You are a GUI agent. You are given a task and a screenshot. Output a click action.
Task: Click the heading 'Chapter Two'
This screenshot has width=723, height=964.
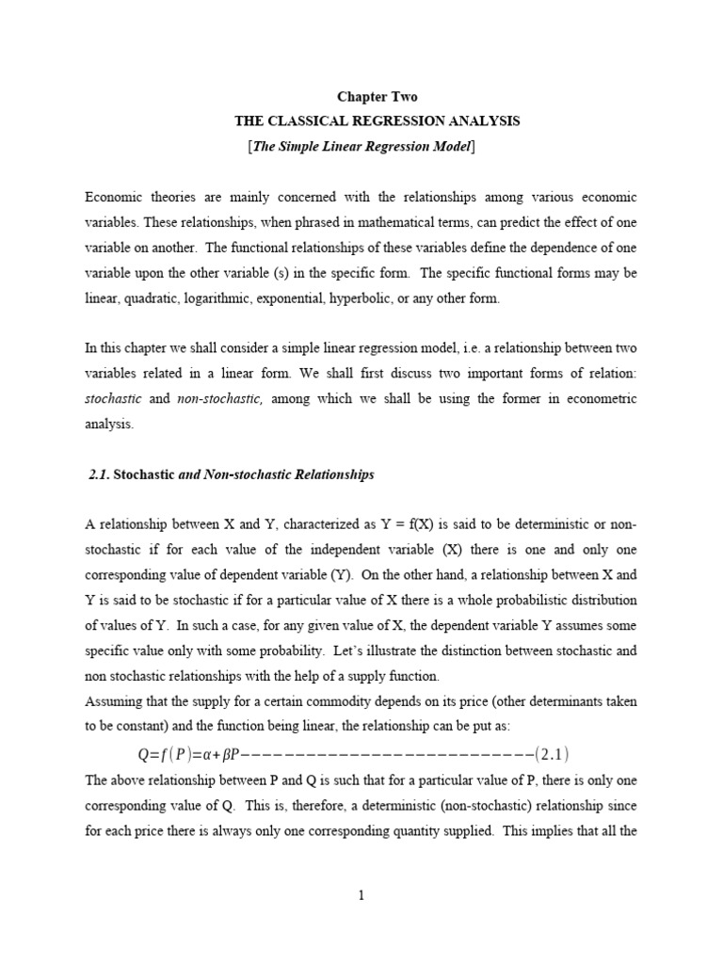(377, 97)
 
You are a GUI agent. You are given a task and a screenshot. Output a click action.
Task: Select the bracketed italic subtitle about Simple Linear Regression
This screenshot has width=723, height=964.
(361, 146)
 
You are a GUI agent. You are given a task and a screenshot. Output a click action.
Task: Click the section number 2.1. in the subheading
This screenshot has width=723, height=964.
(100, 474)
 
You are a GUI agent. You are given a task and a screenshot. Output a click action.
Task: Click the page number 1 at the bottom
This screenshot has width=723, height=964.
(361, 895)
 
